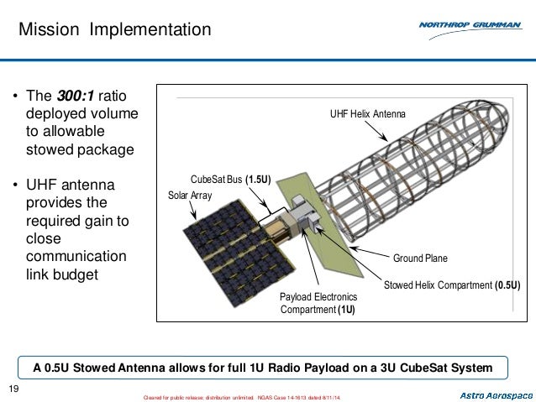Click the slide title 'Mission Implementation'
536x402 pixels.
[115, 30]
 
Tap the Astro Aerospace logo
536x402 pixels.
[496, 394]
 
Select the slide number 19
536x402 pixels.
[13, 387]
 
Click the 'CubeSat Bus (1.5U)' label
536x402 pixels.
[230, 179]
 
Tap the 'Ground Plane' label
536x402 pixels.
[420, 258]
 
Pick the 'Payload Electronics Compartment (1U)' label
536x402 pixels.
[318, 303]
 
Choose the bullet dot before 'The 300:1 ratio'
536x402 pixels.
[16, 96]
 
